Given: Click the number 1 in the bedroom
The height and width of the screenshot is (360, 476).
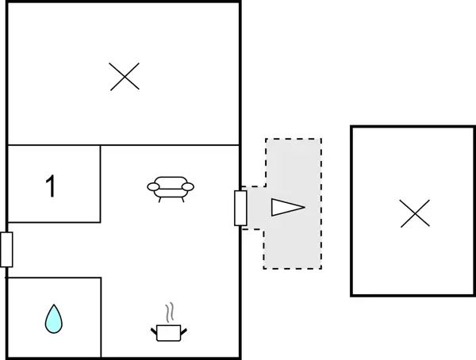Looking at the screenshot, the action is pyautogui.click(x=51, y=186).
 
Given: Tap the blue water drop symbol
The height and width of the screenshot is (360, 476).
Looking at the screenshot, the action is pyautogui.click(x=54, y=319).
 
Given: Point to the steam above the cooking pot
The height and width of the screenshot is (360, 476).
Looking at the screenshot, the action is pyautogui.click(x=170, y=312).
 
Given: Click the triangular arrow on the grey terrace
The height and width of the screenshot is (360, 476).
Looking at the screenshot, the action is pyautogui.click(x=288, y=207).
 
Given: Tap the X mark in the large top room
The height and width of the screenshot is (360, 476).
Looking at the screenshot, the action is pyautogui.click(x=125, y=76).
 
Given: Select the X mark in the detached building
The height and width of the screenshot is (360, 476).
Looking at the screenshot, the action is pyautogui.click(x=415, y=213).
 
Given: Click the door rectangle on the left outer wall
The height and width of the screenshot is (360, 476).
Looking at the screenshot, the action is pyautogui.click(x=6, y=250).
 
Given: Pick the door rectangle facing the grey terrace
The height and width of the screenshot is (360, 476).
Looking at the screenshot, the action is pyautogui.click(x=240, y=208).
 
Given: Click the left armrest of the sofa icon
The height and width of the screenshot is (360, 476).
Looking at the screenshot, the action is pyautogui.click(x=153, y=187).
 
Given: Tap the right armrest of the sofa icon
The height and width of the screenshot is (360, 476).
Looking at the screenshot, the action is pyautogui.click(x=188, y=187).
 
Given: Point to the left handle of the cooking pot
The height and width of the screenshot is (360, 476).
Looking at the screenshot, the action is pyautogui.click(x=154, y=331).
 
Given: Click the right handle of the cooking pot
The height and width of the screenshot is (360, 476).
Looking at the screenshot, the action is pyautogui.click(x=184, y=331).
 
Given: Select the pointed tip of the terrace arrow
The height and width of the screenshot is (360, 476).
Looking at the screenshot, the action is pyautogui.click(x=305, y=207).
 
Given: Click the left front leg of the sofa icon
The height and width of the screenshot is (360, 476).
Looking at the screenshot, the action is pyautogui.click(x=159, y=200).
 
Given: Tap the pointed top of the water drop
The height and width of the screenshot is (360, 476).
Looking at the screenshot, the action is pyautogui.click(x=54, y=304).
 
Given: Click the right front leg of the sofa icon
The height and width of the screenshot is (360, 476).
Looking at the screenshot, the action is pyautogui.click(x=182, y=200).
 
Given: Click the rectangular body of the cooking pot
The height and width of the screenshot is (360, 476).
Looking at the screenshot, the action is pyautogui.click(x=169, y=333).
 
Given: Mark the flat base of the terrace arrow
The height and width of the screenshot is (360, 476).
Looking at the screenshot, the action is pyautogui.click(x=272, y=207).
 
